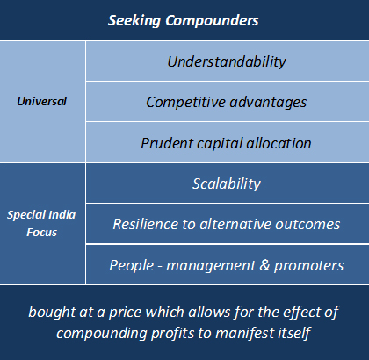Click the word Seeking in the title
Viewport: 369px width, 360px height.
[134, 21]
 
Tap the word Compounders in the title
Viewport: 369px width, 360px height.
[212, 21]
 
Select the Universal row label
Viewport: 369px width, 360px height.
[42, 102]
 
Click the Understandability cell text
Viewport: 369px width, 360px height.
[227, 62]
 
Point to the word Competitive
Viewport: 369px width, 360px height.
[185, 102]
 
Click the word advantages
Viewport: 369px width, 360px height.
[268, 103]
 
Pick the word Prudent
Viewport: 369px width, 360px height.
[167, 143]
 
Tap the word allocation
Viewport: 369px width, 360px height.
[279, 143]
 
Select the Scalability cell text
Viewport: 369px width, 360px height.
[227, 184]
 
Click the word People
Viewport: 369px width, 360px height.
[132, 266]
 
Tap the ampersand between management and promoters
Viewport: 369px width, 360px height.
[264, 265]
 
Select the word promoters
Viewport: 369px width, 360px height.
[309, 266]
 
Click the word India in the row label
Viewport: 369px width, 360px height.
[61, 215]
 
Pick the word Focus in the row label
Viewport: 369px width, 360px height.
[42, 233]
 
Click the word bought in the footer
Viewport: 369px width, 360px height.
[52, 313]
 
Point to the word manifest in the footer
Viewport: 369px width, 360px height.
[250, 334]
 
